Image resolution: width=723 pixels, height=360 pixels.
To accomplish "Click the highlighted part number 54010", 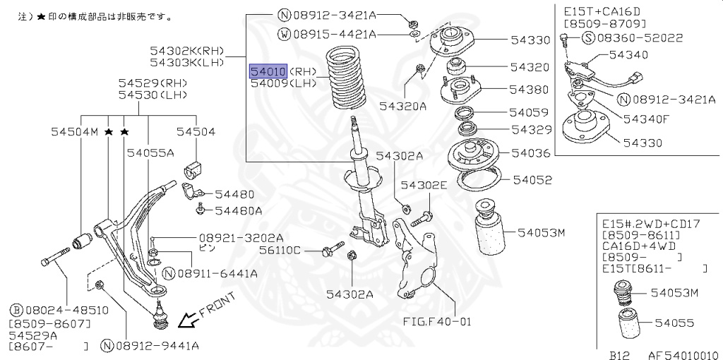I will [x=268, y=71].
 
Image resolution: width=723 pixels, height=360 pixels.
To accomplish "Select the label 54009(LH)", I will [x=283, y=83].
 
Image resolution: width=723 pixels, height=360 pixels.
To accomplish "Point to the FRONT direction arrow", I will [x=189, y=321].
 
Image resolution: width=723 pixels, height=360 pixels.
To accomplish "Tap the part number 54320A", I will [x=402, y=107].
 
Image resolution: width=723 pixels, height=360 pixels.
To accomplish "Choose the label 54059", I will [x=530, y=112].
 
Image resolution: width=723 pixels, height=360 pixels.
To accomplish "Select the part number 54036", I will [x=530, y=152].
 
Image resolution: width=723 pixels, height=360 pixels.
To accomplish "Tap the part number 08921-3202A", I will [x=231, y=238].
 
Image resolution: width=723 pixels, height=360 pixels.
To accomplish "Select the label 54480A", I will [x=239, y=210].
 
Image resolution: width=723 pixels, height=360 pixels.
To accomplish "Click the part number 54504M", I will [x=74, y=131].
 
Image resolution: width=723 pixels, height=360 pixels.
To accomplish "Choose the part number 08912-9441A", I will [x=157, y=345].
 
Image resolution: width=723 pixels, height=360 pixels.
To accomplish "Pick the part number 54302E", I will [x=424, y=185].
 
